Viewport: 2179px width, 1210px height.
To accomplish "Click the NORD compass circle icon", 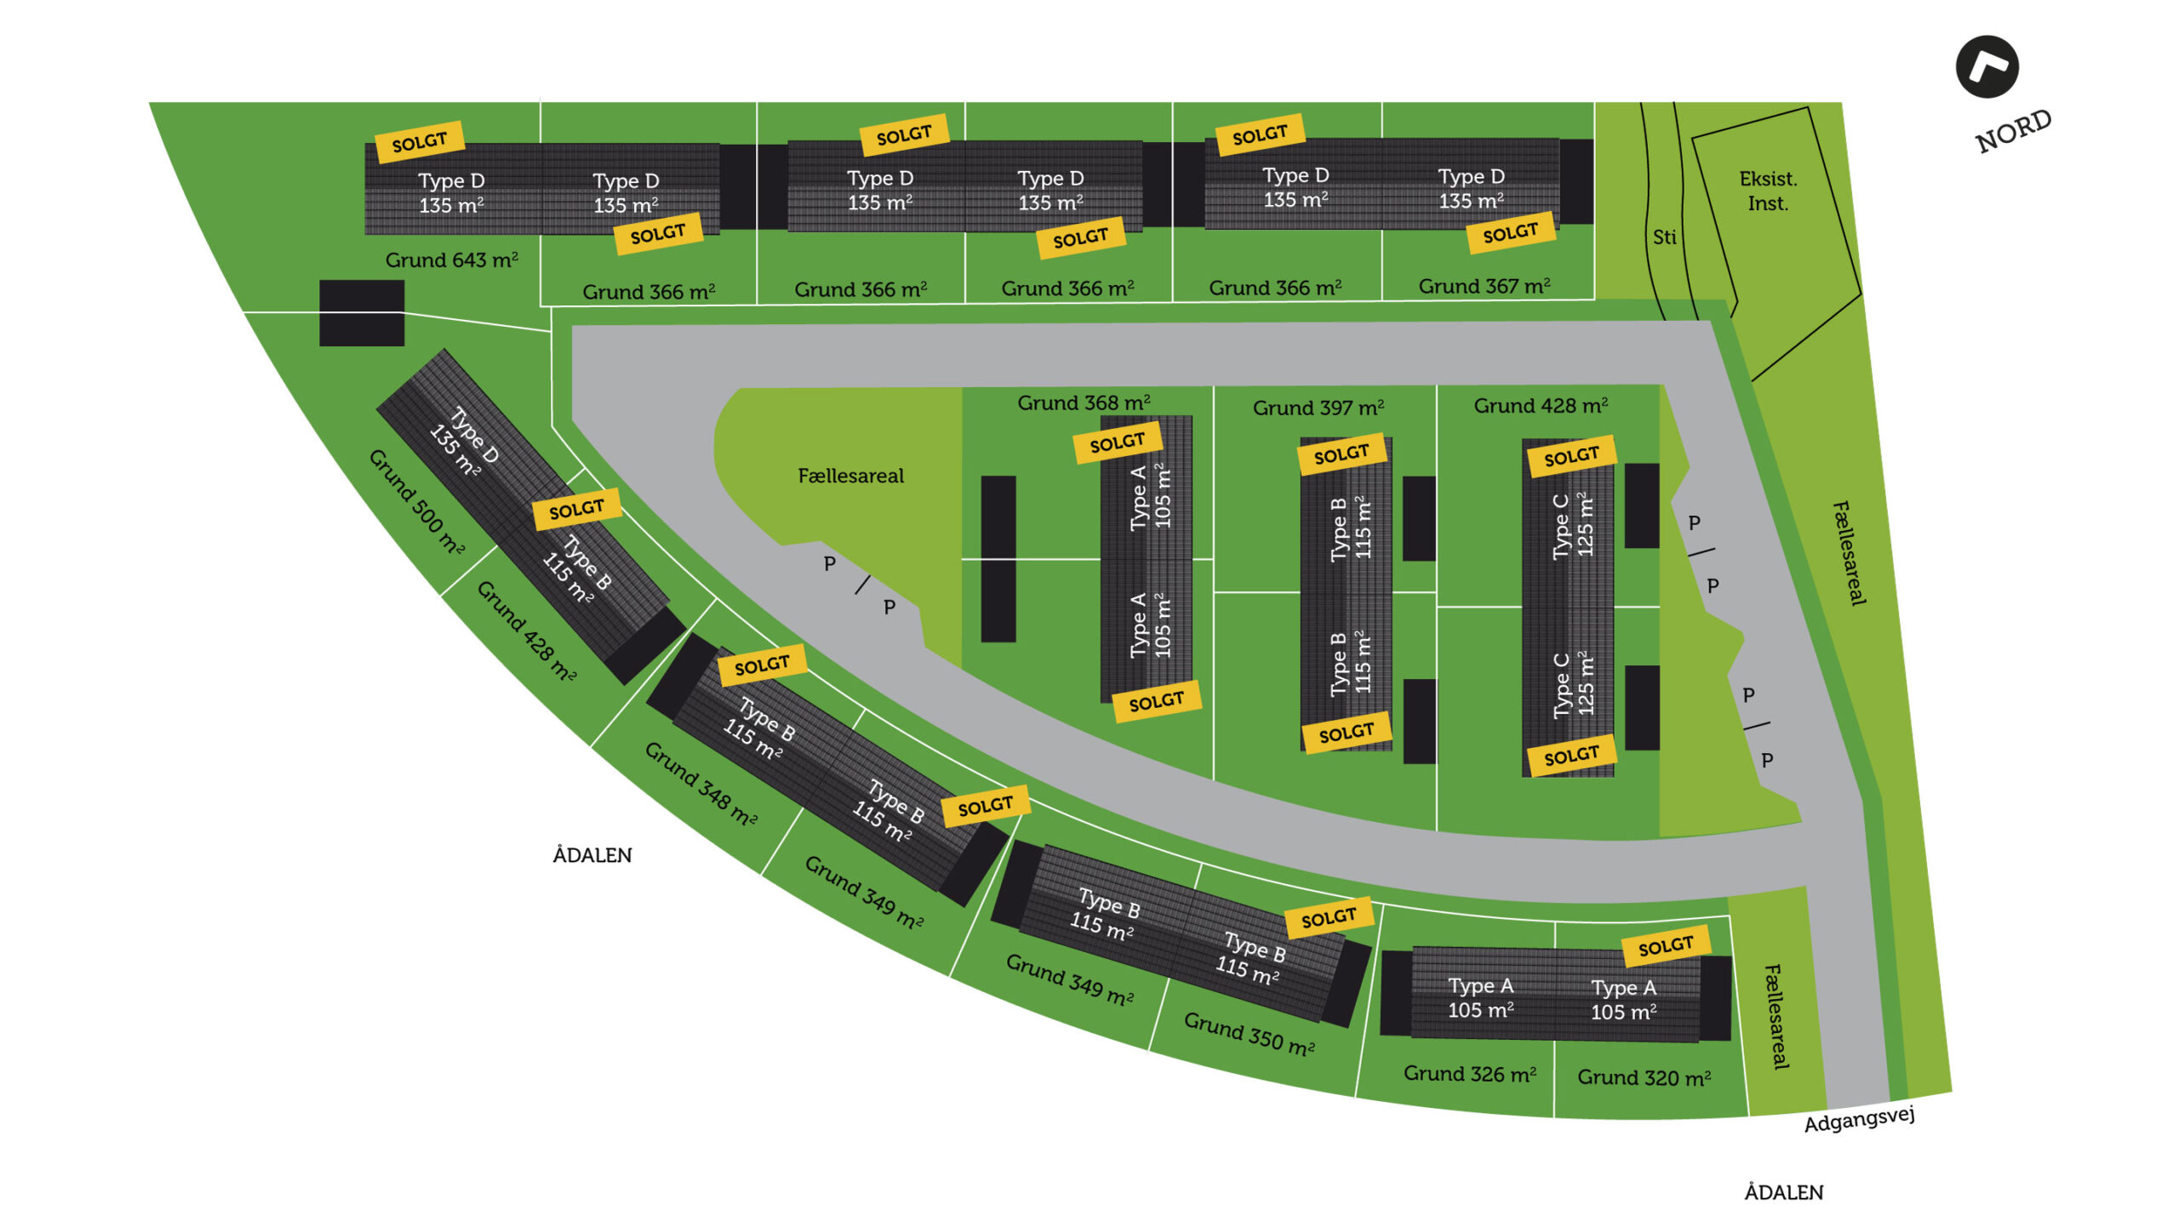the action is pos(1987,67).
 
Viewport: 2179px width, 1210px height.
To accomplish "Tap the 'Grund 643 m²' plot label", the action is pos(451,260).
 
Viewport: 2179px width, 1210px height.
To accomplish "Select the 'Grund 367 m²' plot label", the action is pos(1484,286).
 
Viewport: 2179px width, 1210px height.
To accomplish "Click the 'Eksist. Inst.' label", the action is pos(1768,191).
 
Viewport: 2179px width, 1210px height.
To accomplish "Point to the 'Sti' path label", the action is pos(1664,237).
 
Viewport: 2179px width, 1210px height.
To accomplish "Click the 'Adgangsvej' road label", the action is pos(1859,1119).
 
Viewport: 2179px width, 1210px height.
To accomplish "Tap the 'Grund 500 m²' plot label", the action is pos(416,501).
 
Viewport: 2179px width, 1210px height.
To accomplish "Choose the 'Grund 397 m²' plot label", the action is pos(1318,408).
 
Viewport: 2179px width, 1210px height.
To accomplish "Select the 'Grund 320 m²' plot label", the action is pos(1644,1077).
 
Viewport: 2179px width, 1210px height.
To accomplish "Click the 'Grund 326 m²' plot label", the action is pos(1469,1074).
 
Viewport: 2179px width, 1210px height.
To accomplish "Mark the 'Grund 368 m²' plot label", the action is pos(1084,402).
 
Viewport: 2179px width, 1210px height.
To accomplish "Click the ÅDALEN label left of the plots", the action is pos(592,854).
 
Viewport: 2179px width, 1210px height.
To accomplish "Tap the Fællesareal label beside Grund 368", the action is pos(850,476).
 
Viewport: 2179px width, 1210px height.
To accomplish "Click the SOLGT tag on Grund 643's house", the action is pos(420,141).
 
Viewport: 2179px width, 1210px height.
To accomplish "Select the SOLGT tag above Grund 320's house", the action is pos(1666,945).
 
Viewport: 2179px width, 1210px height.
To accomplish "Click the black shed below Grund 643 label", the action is pos(362,313).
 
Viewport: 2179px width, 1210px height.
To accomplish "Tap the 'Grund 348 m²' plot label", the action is pos(701,784).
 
